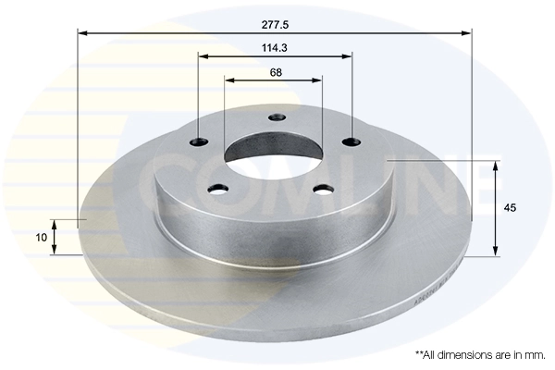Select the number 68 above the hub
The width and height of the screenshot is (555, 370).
275,71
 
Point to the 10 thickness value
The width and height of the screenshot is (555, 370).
41,237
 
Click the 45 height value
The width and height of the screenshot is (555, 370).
510,208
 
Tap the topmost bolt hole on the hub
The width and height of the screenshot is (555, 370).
275,117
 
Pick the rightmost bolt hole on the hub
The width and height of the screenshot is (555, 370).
351,142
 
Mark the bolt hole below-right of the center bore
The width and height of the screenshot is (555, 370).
323,189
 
